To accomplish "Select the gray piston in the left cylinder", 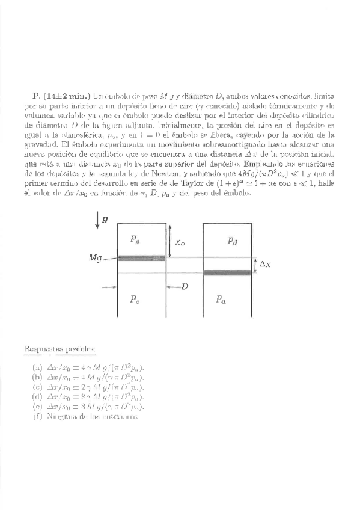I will (141, 258).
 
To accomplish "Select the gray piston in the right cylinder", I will (228, 272).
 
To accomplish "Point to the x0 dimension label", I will (180, 242).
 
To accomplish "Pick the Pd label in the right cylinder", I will (232, 241).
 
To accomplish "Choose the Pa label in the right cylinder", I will (222, 299).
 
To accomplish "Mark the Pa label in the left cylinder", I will (135, 239).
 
